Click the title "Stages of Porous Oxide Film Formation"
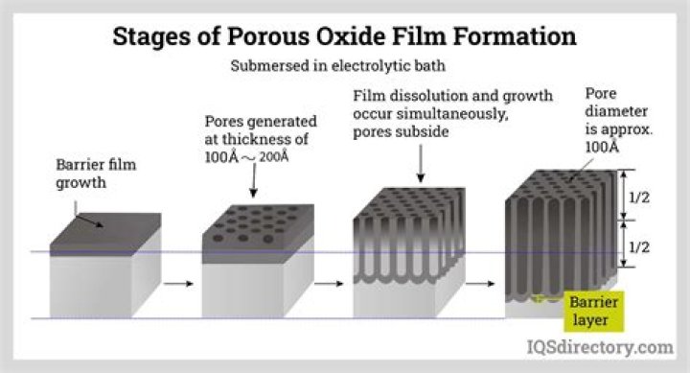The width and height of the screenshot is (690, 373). click(344, 37)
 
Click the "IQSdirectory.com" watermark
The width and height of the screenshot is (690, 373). click(599, 346)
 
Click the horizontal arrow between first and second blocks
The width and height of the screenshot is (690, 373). click(176, 284)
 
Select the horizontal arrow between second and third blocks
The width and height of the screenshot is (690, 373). click(330, 284)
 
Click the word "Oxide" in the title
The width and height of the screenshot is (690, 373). click(371, 37)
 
